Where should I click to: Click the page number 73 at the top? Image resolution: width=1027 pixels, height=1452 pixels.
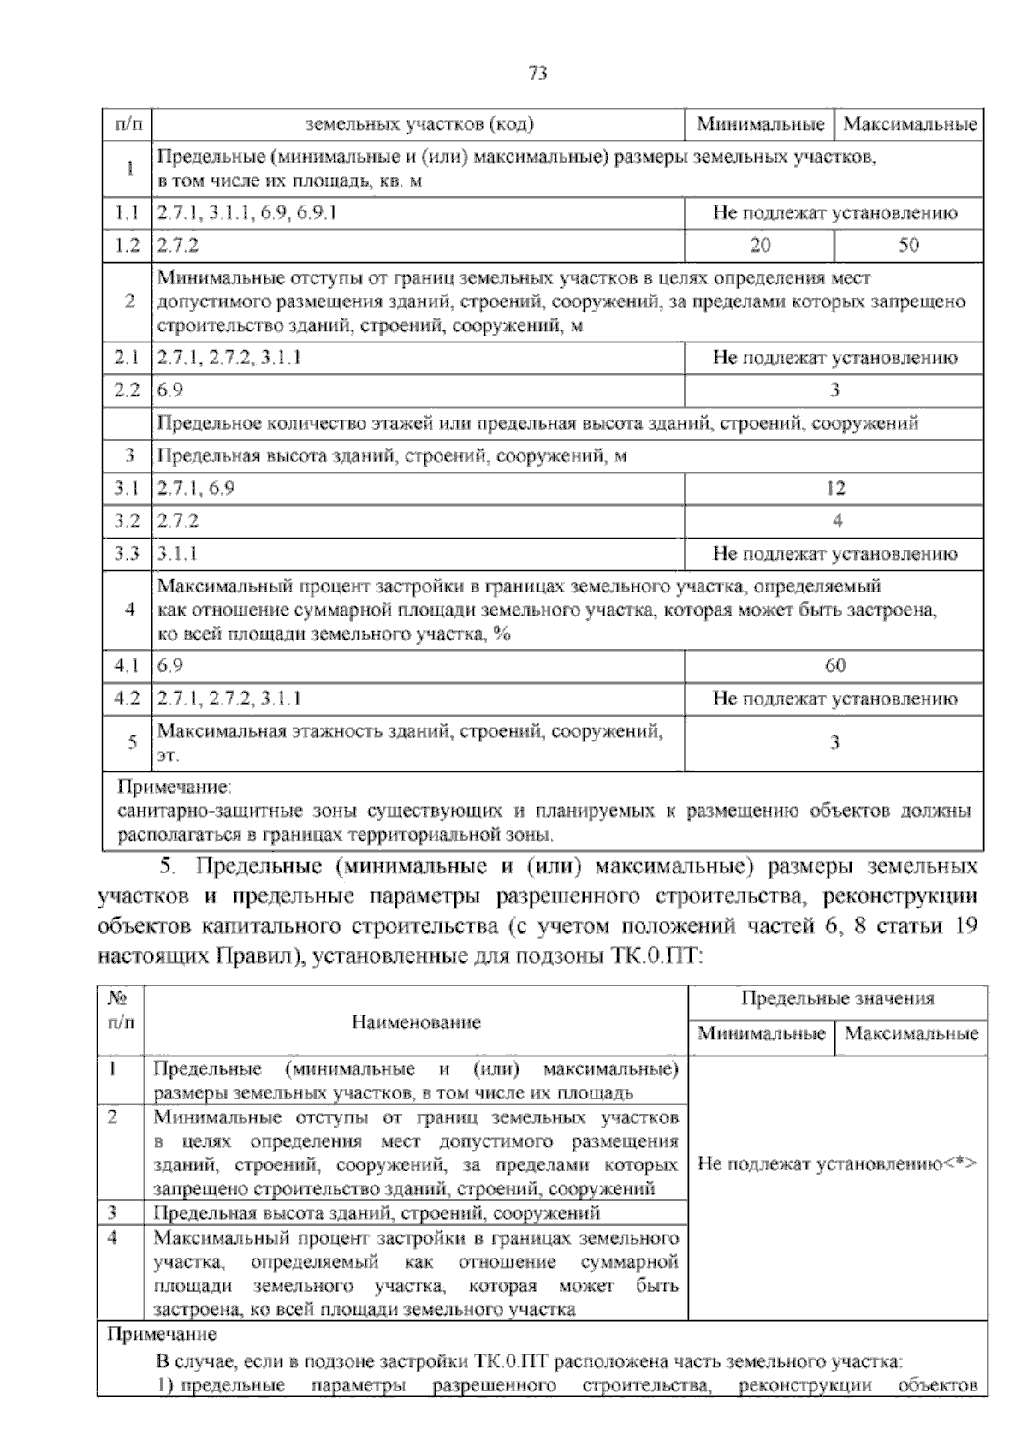537,74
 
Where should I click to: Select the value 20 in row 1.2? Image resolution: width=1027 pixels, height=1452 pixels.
759,246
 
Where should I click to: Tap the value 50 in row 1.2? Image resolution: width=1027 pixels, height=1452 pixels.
908,246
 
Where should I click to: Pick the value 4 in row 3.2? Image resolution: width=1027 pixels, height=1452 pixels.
836,521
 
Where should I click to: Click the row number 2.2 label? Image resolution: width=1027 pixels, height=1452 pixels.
127,391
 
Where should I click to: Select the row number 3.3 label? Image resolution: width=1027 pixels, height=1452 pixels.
127,554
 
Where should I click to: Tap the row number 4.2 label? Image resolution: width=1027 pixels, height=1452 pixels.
127,699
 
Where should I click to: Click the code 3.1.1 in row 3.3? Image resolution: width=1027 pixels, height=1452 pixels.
177,554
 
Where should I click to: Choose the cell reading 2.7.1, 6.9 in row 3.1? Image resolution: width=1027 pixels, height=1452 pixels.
196,489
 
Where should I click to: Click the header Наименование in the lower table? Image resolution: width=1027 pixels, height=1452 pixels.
416,1022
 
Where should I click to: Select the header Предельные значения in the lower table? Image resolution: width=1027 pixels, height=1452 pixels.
837,998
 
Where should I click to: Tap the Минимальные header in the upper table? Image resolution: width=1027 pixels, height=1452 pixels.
760,125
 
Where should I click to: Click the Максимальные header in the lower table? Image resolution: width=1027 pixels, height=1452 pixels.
911,1033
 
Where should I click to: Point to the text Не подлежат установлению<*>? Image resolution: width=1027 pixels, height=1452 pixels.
837,1164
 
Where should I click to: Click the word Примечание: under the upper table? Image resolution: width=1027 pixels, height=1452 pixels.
175,786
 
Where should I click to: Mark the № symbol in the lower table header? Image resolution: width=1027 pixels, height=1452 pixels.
118,998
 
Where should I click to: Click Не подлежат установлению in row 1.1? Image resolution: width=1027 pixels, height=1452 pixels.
834,213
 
